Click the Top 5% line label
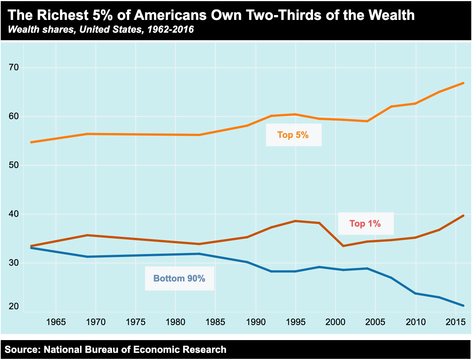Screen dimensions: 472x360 293,135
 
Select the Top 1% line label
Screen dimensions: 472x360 365,224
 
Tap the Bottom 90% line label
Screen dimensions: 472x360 179,278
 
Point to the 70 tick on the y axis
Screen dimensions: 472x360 14,68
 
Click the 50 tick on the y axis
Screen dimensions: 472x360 14,165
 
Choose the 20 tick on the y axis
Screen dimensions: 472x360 14,306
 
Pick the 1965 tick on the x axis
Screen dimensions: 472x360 56,322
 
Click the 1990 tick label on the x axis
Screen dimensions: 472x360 256,322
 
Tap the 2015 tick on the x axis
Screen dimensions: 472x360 455,322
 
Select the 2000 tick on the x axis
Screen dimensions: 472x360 335,322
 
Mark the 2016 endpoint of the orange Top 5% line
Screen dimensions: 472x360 463,83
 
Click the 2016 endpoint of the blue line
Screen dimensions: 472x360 463,306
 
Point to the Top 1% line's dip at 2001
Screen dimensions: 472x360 343,246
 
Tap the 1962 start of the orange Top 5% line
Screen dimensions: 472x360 31,142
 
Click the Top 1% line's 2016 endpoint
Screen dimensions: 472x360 463,216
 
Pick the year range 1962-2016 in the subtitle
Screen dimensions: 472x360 171,29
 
